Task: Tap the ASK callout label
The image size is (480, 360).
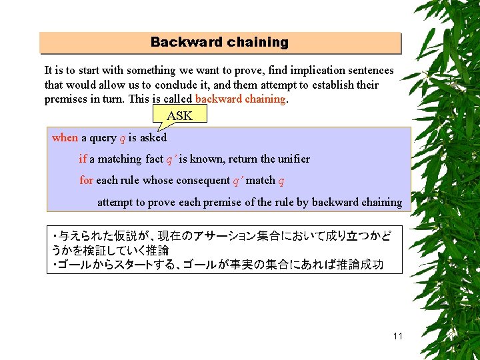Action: tap(179, 116)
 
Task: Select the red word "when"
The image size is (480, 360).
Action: tap(65, 137)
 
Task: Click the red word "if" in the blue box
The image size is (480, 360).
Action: tap(83, 159)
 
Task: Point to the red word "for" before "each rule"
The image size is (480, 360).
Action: tap(86, 180)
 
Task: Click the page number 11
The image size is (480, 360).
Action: tap(398, 336)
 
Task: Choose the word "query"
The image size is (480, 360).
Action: tap(103, 137)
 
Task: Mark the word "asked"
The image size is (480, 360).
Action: tap(153, 137)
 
